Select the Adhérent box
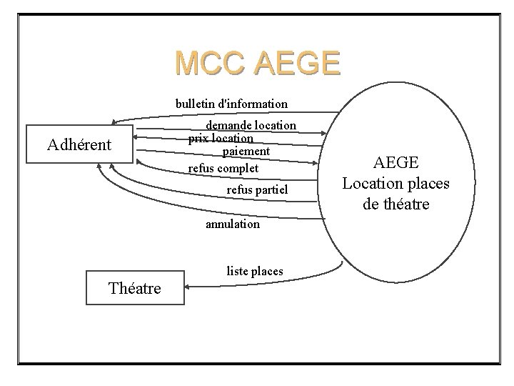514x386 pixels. click(x=79, y=144)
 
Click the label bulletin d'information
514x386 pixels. click(x=232, y=104)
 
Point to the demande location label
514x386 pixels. click(x=251, y=125)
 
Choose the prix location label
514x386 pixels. click(x=221, y=138)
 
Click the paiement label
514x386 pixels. click(x=246, y=151)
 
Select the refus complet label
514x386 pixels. click(x=223, y=168)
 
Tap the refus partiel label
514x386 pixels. click(x=257, y=189)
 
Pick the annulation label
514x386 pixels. click(x=233, y=224)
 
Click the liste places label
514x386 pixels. click(x=255, y=271)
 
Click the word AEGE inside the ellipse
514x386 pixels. click(x=395, y=163)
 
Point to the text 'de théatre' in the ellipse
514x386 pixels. click(x=395, y=204)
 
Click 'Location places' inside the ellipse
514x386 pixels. click(x=395, y=184)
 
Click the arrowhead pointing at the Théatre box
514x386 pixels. click(x=187, y=287)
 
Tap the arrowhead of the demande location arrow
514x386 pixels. click(x=326, y=133)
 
